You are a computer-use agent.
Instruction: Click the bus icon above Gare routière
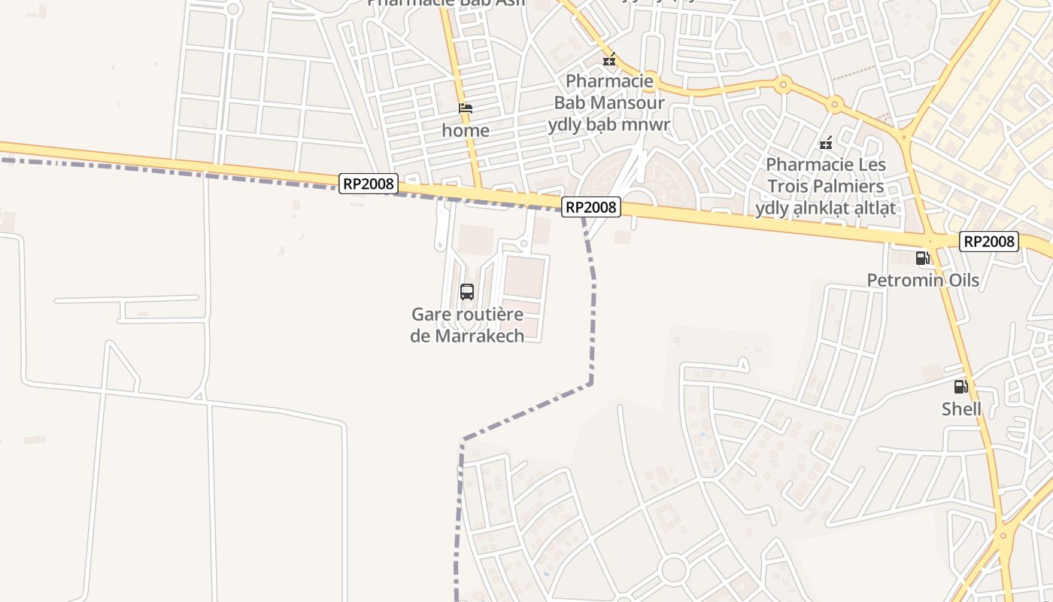[467, 292]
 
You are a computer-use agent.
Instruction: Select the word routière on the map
[485, 315]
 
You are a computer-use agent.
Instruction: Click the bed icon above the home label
[466, 108]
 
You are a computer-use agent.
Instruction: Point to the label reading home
[466, 130]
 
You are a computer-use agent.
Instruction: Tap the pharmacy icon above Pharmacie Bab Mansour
[609, 59]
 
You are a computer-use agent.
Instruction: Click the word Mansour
[627, 102]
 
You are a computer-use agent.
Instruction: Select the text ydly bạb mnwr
[609, 124]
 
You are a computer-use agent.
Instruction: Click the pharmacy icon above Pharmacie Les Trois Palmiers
[826, 142]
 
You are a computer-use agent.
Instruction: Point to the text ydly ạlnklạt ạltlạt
[826, 208]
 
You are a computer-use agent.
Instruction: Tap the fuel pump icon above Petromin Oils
[922, 258]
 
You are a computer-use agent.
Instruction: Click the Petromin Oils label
[923, 281]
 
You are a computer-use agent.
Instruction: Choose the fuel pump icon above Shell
[960, 387]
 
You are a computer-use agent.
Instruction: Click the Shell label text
[961, 409]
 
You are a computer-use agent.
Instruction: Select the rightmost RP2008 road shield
[989, 242]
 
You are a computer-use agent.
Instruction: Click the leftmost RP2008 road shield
[368, 184]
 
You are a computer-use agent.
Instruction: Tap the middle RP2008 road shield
[591, 207]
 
